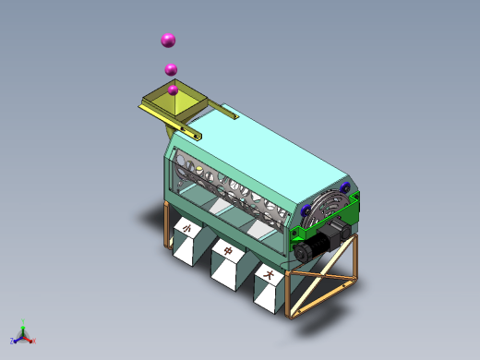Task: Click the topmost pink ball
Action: tap(168, 41)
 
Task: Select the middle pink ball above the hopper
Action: tap(171, 69)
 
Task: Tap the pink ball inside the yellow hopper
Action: tap(173, 90)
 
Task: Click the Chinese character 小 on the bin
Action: tap(186, 228)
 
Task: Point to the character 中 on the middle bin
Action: tap(228, 251)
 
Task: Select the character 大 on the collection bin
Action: tap(269, 274)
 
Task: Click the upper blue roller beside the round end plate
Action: tap(344, 187)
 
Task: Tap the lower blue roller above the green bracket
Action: tap(306, 210)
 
